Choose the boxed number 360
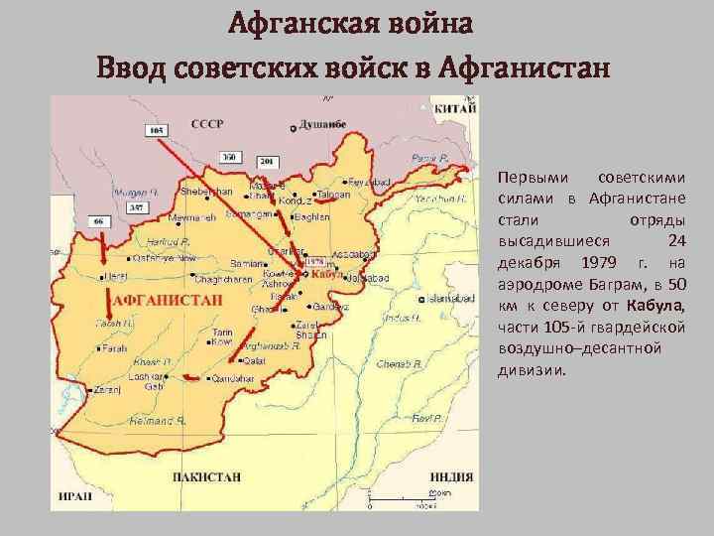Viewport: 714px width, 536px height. pyautogui.click(x=229, y=157)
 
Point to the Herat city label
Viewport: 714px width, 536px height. pyautogui.click(x=116, y=275)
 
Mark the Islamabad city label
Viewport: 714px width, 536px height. pyautogui.click(x=454, y=297)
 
